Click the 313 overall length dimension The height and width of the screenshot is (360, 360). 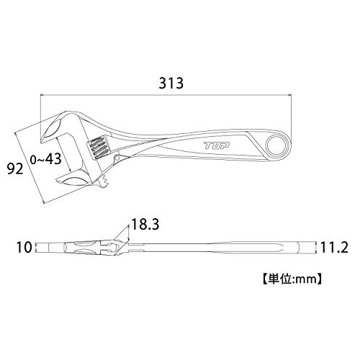pyautogui.click(x=171, y=83)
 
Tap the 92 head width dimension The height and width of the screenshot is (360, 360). pyautogui.click(x=15, y=168)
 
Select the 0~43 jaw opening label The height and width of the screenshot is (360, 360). pyautogui.click(x=46, y=159)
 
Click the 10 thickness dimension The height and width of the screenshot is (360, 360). pyautogui.click(x=24, y=248)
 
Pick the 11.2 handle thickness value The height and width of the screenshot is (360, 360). pyautogui.click(x=334, y=248)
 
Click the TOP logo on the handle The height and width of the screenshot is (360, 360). pyautogui.click(x=217, y=145)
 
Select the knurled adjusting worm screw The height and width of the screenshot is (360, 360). pyautogui.click(x=99, y=147)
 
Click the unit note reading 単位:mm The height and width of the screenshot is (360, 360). pyautogui.click(x=292, y=279)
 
